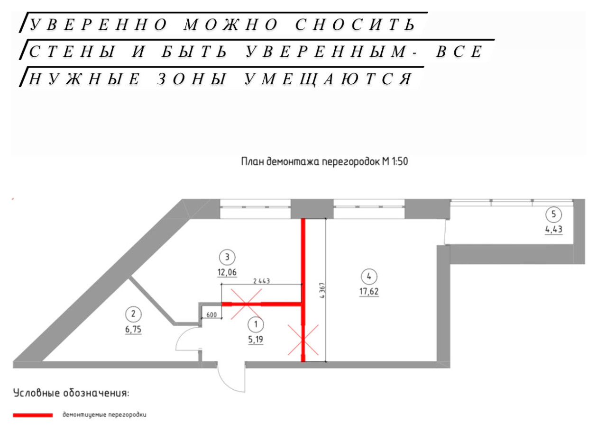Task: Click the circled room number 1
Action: (x=256, y=324)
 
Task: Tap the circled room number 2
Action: (x=133, y=314)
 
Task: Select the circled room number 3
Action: (x=227, y=257)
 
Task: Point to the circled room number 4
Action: (x=369, y=277)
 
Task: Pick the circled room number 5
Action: (x=553, y=214)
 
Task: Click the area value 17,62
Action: (x=369, y=292)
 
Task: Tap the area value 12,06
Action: (x=227, y=272)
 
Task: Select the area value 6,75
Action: (x=133, y=330)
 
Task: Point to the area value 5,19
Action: (x=256, y=340)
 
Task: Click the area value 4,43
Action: (x=553, y=229)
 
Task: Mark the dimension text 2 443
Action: (x=261, y=281)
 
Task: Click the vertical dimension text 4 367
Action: (x=322, y=290)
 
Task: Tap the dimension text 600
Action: (x=211, y=315)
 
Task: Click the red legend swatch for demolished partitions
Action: (x=33, y=415)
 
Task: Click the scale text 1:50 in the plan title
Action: (x=399, y=161)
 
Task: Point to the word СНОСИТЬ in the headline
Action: (x=355, y=25)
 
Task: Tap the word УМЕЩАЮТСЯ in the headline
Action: (x=328, y=79)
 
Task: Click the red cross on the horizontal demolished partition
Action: (x=246, y=304)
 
